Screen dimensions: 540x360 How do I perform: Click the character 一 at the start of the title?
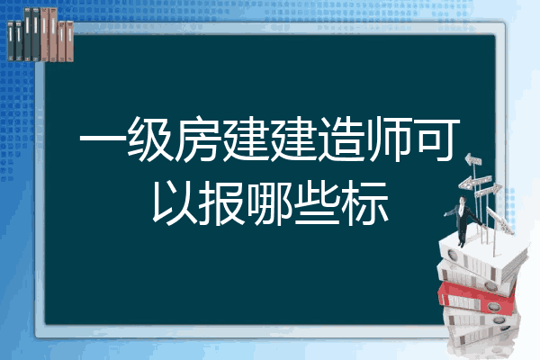[x=103, y=139]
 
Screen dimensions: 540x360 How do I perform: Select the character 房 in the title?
[x=198, y=139]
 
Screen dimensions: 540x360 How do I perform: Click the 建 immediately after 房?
[x=246, y=139]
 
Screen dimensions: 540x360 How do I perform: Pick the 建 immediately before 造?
[x=293, y=139]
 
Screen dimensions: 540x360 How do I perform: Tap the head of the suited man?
[x=463, y=200]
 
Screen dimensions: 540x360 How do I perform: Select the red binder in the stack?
[x=477, y=298]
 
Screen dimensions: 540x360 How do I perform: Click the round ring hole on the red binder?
[x=493, y=306]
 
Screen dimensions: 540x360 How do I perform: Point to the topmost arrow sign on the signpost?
[x=473, y=160]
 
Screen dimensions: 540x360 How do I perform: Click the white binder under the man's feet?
[x=482, y=256]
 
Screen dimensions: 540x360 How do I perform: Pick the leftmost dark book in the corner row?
[x=11, y=40]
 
